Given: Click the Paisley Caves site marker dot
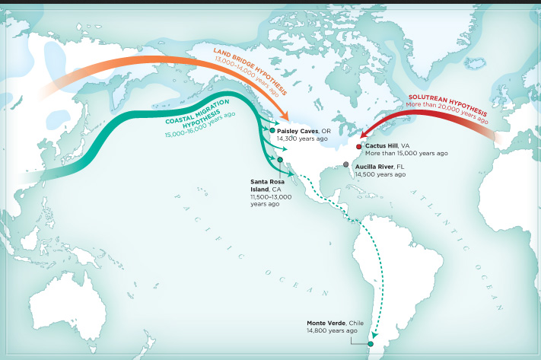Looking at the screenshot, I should [x=272, y=131].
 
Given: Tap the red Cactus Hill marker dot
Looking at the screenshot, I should [x=359, y=145].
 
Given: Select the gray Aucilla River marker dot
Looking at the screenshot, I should [x=347, y=164].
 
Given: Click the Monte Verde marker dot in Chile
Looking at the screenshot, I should [x=371, y=344].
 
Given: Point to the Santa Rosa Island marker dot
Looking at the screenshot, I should [x=280, y=159].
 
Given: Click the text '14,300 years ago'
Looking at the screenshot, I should [x=303, y=139].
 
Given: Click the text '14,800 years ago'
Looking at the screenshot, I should [x=332, y=331].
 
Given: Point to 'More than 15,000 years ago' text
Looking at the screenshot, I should [x=406, y=153].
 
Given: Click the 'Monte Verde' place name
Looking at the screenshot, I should [x=322, y=323].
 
